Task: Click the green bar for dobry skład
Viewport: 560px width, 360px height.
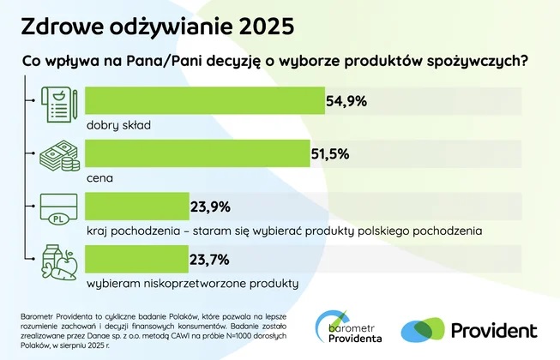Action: [x=205, y=100]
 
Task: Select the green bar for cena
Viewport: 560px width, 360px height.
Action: [x=198, y=153]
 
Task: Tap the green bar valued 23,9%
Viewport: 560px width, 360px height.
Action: [x=137, y=207]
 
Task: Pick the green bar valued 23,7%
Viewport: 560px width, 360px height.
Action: [x=137, y=259]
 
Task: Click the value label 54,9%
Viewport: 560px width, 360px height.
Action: [x=346, y=101]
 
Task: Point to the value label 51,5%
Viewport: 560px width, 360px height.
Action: [x=333, y=154]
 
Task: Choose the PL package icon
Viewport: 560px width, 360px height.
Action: [x=57, y=211]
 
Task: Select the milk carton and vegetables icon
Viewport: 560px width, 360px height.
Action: [x=57, y=264]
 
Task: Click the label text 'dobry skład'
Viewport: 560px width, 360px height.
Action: [x=118, y=125]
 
